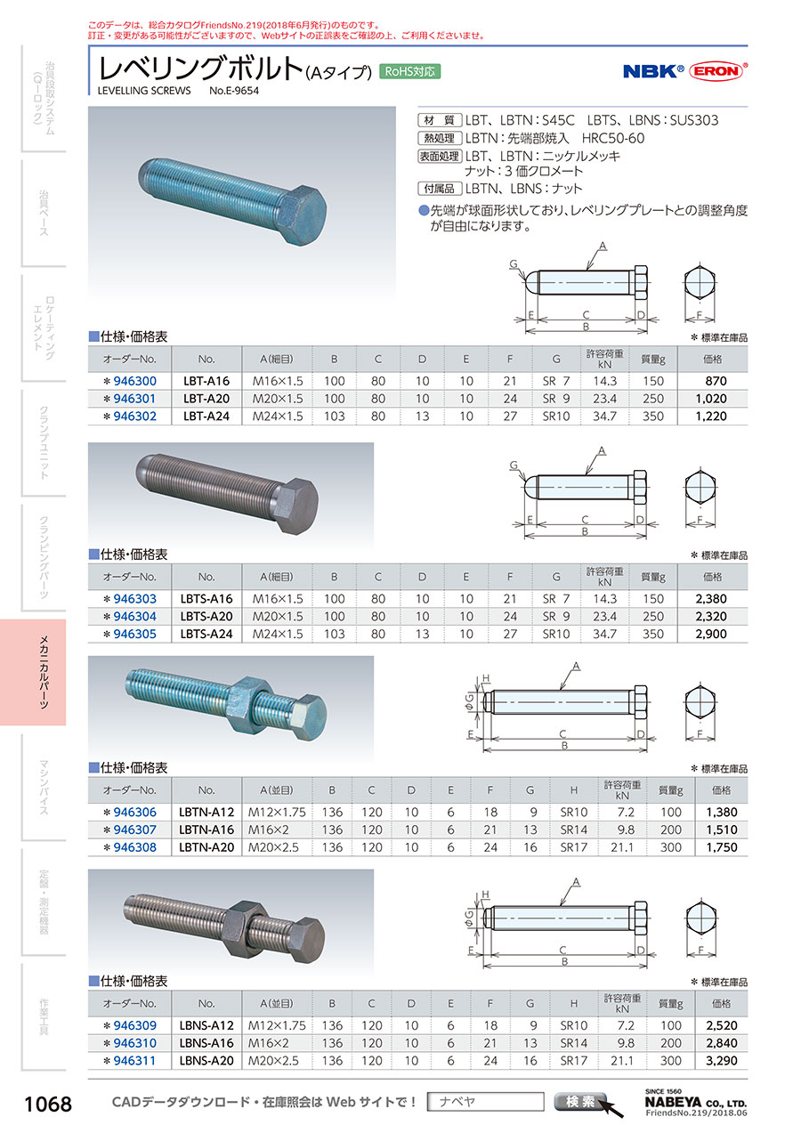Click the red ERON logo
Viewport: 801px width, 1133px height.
coord(716,71)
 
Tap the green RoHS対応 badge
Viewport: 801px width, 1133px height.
coord(409,71)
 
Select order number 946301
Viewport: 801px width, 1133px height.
coord(134,399)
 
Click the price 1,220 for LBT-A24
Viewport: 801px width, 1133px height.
coord(710,417)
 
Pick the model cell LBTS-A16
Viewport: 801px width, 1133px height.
coord(206,599)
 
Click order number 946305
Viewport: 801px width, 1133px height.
coord(134,634)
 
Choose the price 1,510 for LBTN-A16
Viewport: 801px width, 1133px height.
coord(722,830)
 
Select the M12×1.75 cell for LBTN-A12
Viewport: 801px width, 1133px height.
coord(277,813)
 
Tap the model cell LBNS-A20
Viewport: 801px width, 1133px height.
coord(206,1061)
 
